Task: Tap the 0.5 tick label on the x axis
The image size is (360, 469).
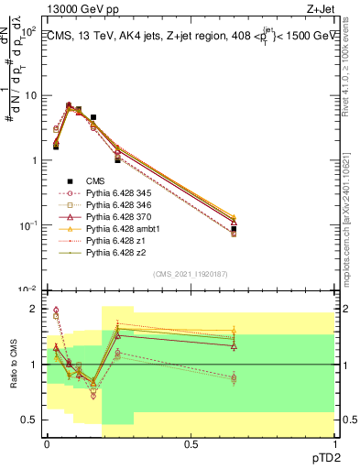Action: click(191, 442)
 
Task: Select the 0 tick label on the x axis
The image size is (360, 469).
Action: click(47, 442)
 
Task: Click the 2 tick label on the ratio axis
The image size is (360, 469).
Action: click(32, 310)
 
